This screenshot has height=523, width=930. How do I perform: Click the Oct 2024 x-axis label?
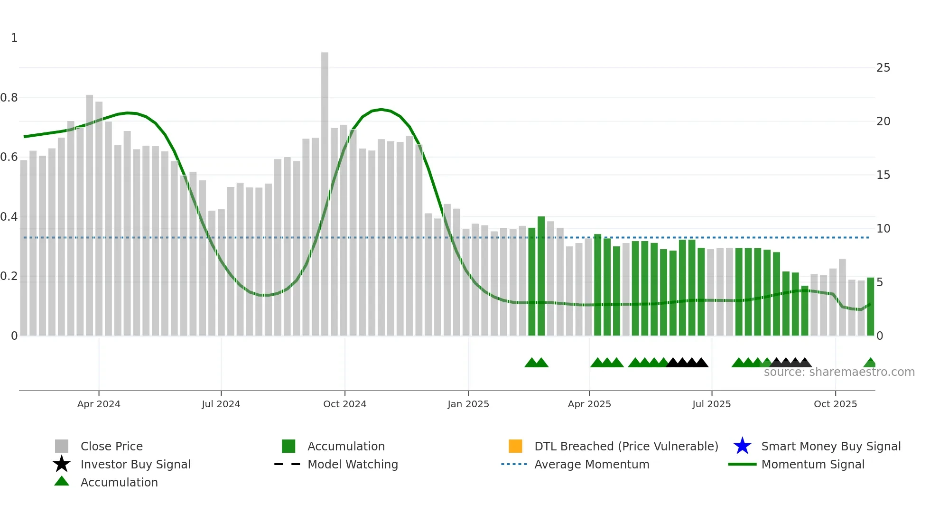tap(344, 404)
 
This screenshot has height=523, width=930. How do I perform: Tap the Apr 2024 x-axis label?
tap(99, 404)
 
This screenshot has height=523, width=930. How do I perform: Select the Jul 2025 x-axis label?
tap(711, 404)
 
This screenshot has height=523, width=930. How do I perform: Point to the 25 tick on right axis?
tap(883, 68)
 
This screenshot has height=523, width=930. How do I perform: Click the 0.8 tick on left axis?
tap(9, 98)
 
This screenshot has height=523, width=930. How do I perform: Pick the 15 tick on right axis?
tap(883, 175)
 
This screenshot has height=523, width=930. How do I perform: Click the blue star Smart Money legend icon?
tap(742, 446)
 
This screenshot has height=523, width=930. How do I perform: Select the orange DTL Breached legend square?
tap(515, 446)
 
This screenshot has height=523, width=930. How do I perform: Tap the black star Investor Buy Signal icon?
tap(62, 464)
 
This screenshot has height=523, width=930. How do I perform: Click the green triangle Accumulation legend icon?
tap(62, 482)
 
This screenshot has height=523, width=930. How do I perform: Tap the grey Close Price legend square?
tap(62, 446)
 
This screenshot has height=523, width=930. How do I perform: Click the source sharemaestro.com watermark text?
tap(839, 372)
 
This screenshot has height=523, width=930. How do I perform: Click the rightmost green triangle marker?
tap(870, 363)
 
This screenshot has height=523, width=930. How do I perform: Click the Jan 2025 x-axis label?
tap(468, 404)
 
